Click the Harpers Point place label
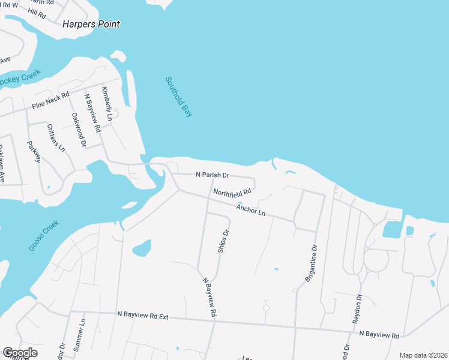pyautogui.click(x=91, y=25)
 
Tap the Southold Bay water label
pyautogui.click(x=179, y=96)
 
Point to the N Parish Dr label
pyautogui.click(x=212, y=175)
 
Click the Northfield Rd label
pyautogui.click(x=232, y=193)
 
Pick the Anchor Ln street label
pyautogui.click(x=250, y=211)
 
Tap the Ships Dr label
pyautogui.click(x=223, y=241)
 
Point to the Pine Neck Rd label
pyautogui.click(x=50, y=101)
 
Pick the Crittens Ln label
pyautogui.click(x=56, y=138)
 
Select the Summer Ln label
pyautogui.click(x=82, y=330)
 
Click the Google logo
pyautogui.click(x=20, y=353)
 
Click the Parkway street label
pyautogui.click(x=34, y=151)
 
